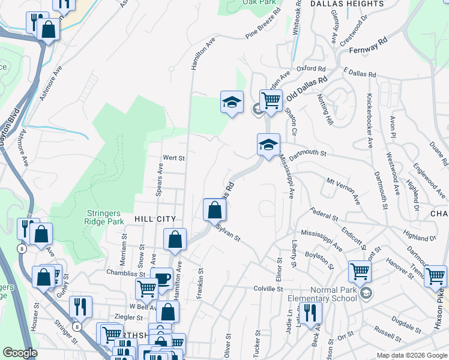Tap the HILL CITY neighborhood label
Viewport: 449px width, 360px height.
coord(155,220)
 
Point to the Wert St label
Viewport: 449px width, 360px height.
coord(174,158)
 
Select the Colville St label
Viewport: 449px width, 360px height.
coord(267,289)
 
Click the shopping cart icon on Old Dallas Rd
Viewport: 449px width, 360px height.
coord(271,100)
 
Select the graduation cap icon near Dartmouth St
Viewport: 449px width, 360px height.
coord(268,144)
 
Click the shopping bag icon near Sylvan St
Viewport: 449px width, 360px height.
coord(214,210)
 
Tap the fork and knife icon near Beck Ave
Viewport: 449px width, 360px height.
coord(310,313)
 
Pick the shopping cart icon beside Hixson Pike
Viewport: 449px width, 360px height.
coord(435,276)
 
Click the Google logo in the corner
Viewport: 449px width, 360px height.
coord(20,353)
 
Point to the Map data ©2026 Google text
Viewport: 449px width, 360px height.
coord(411,355)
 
